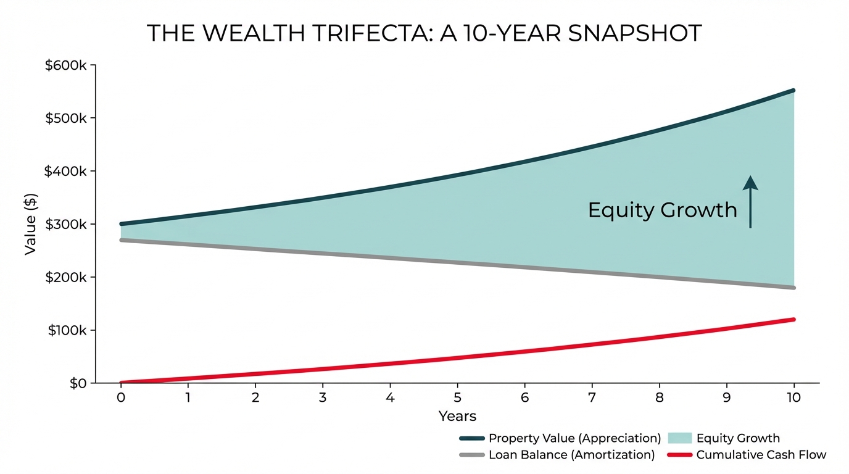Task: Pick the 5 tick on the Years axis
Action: tap(457, 397)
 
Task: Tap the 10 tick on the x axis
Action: tap(793, 397)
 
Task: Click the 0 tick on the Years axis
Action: tap(121, 397)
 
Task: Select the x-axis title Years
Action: tap(457, 416)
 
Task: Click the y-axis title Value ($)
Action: tap(31, 224)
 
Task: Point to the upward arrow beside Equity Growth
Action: tap(750, 201)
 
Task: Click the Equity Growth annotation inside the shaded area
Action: tap(662, 210)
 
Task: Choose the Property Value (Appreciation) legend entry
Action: tap(574, 438)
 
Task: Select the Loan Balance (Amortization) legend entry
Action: tap(571, 455)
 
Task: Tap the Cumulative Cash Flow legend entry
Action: tap(761, 455)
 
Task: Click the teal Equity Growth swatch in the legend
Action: tap(679, 438)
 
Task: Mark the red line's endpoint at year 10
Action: tap(793, 320)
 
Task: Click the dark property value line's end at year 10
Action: tap(793, 91)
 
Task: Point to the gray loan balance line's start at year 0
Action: tap(122, 240)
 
